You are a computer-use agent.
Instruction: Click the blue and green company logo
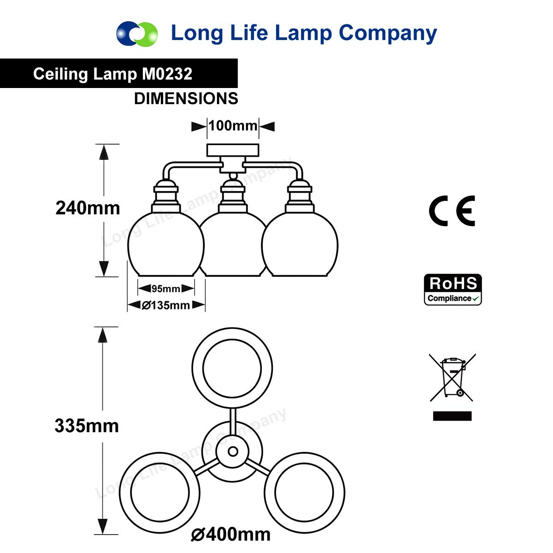137,34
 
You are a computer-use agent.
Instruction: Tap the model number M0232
167,74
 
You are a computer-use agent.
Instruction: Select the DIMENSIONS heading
186,99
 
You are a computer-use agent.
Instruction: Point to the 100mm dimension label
233,125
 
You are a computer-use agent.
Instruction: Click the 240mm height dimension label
88,208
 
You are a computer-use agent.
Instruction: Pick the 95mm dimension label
166,289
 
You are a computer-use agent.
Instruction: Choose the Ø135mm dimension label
166,305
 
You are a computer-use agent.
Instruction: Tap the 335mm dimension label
87,426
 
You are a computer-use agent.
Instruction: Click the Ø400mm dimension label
231,535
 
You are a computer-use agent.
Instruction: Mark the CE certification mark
452,211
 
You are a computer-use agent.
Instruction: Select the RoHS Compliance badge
453,290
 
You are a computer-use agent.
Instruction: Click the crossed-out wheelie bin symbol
453,377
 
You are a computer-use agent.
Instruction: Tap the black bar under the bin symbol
453,416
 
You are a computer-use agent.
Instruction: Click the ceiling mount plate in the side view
233,150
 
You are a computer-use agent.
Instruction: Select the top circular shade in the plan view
232,368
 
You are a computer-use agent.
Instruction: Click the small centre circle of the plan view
233,451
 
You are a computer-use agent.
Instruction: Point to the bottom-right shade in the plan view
304,492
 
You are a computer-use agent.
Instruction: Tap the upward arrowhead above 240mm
104,152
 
